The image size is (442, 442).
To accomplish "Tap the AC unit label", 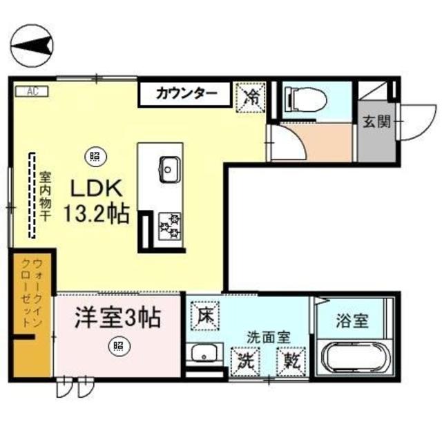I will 32,90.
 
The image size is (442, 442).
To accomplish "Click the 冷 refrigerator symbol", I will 251,95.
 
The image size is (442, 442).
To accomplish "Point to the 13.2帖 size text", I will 97,214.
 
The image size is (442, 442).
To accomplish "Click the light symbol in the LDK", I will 94,156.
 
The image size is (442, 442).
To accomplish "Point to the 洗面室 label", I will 269,338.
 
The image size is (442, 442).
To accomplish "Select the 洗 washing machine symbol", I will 244,360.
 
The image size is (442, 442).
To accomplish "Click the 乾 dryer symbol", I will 289,360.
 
